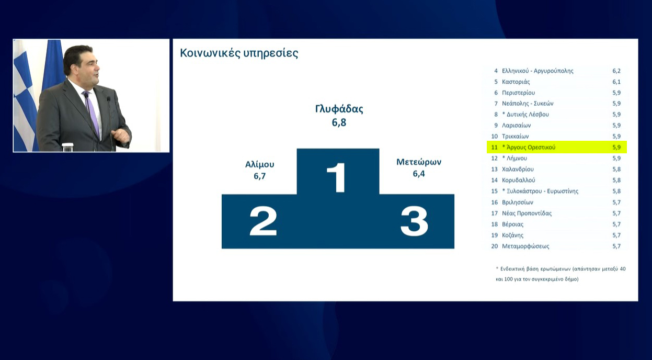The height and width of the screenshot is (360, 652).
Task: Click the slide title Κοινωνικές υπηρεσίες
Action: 239,53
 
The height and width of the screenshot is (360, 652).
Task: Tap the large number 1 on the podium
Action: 336,177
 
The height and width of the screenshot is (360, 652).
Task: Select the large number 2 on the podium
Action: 263,221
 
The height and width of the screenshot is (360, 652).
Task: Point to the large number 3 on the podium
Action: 414,221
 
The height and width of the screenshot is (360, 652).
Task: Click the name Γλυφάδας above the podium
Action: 339,109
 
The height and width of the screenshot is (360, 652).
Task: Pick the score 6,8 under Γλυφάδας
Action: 339,122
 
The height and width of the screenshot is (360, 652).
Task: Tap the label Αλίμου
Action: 260,164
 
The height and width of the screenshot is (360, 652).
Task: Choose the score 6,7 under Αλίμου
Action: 260,176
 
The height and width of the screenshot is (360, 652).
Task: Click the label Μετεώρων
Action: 419,162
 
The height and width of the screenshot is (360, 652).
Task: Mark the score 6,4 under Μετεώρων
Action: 419,174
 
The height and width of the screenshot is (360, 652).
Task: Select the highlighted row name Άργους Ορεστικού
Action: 531,148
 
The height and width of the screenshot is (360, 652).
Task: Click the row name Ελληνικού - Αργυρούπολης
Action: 537,71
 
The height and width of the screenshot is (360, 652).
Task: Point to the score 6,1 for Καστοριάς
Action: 616,82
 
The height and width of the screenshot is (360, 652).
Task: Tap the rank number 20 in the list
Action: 495,246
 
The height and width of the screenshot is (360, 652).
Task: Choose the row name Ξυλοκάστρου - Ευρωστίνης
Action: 543,192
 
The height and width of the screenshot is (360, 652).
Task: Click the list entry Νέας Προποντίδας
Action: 527,213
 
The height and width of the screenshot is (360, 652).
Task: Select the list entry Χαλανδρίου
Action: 518,169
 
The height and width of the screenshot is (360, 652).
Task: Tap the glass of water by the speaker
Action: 67,147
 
